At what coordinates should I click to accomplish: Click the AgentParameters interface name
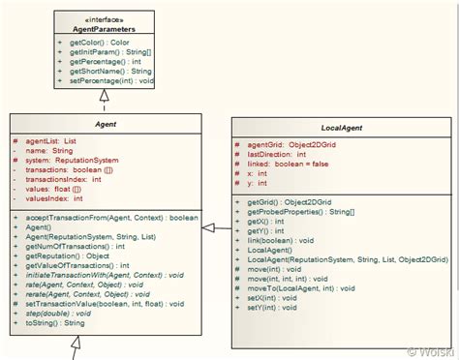pos(104,29)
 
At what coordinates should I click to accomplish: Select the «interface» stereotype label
pos(104,19)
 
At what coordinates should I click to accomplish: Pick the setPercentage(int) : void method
pos(111,80)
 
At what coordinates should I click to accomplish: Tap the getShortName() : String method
pos(110,71)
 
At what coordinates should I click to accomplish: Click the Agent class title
pos(106,125)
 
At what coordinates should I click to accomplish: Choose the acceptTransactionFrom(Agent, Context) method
pos(109,218)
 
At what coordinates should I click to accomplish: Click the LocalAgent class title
pos(342,128)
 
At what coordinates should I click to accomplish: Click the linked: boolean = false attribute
pos(291,164)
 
